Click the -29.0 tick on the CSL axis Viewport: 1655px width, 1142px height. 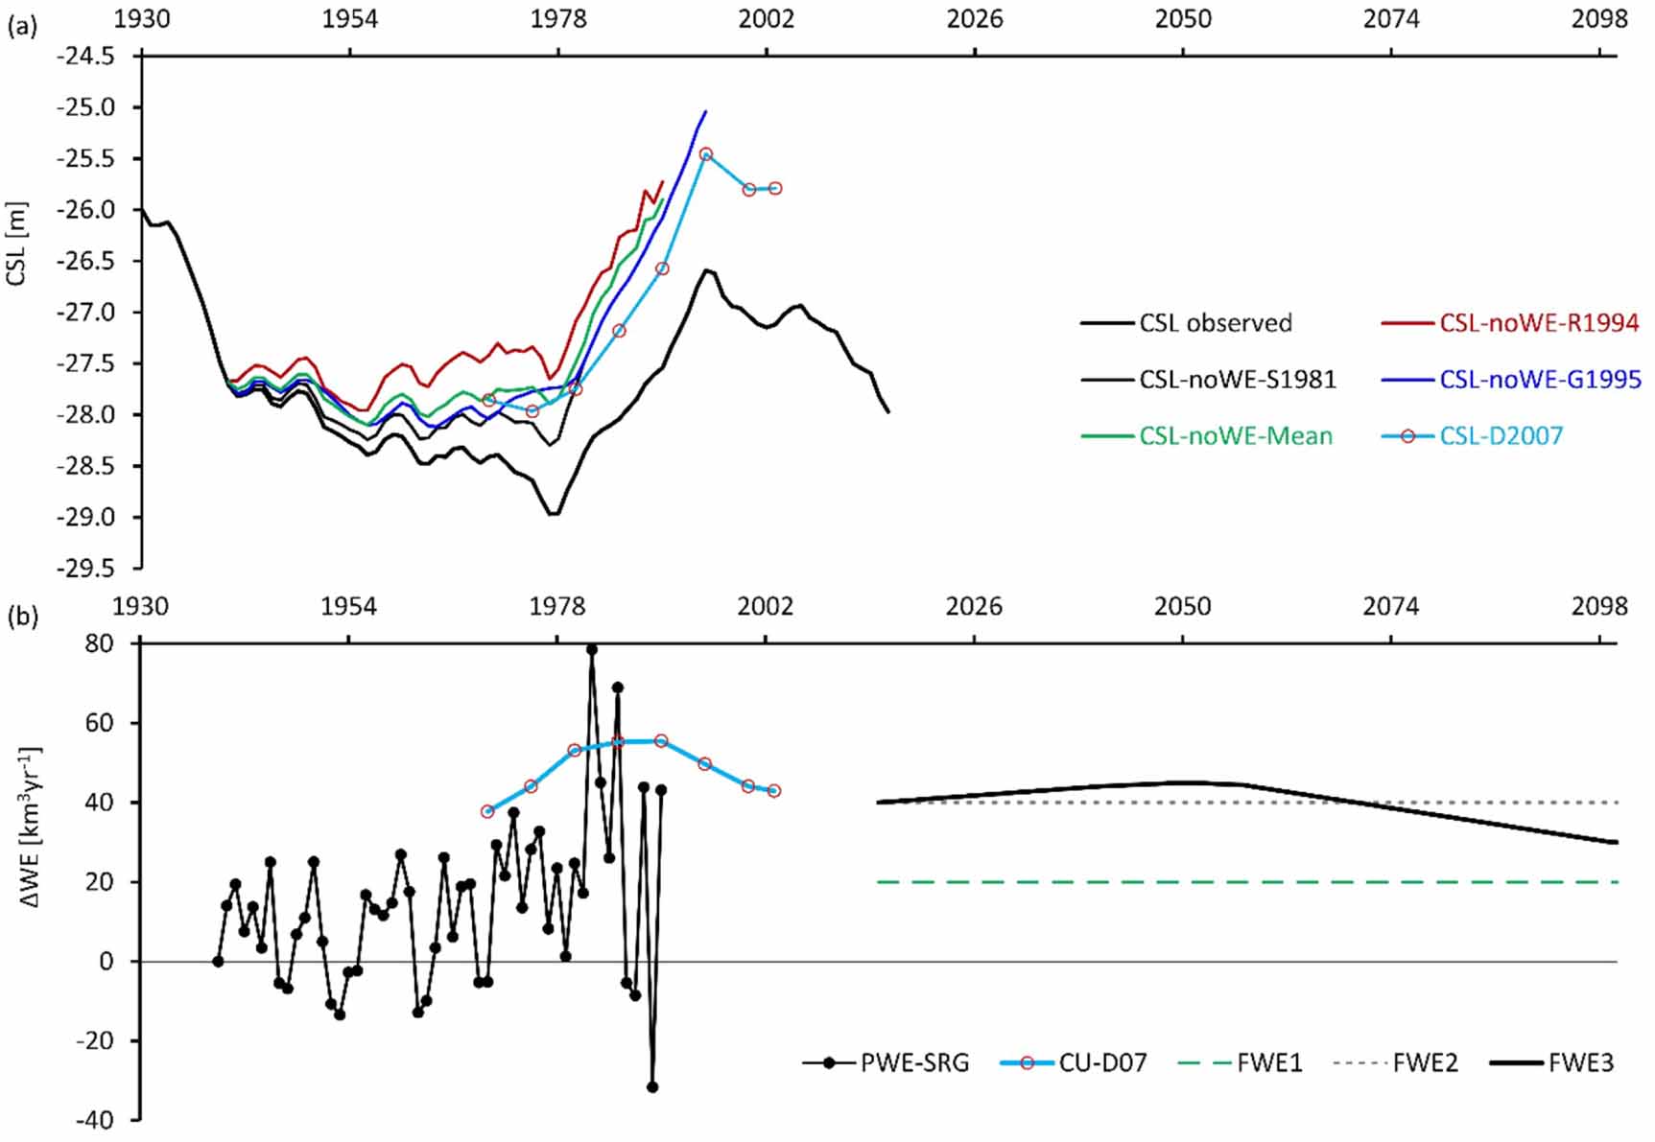point(86,518)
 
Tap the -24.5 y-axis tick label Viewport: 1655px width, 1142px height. point(86,57)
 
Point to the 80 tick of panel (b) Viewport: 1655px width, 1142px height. point(100,643)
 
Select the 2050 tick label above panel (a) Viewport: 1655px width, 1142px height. point(1183,19)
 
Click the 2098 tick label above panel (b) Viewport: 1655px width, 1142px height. point(1599,606)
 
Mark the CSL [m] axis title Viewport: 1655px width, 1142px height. point(16,244)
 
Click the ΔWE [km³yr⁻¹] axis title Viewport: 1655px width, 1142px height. point(29,827)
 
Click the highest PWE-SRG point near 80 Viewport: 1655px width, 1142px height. point(592,649)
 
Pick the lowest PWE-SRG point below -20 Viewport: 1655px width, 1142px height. point(652,1087)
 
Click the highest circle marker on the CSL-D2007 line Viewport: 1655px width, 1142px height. point(705,153)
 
